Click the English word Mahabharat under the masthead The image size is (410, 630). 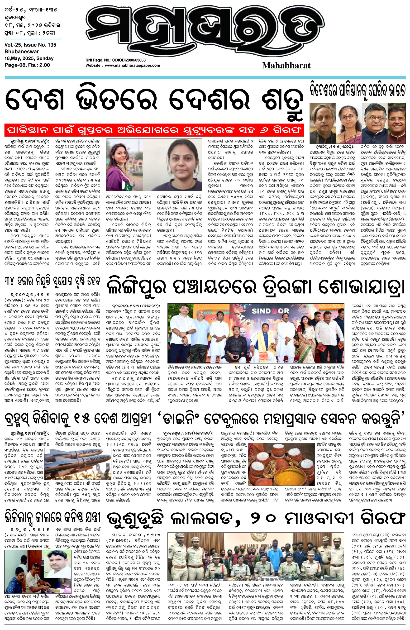(286, 65)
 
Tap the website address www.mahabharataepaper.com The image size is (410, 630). (132, 65)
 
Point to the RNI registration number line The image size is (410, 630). (116, 60)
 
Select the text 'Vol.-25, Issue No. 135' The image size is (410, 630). (30, 45)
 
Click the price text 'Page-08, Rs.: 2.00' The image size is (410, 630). (27, 65)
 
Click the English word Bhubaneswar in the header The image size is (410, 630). (21, 52)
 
